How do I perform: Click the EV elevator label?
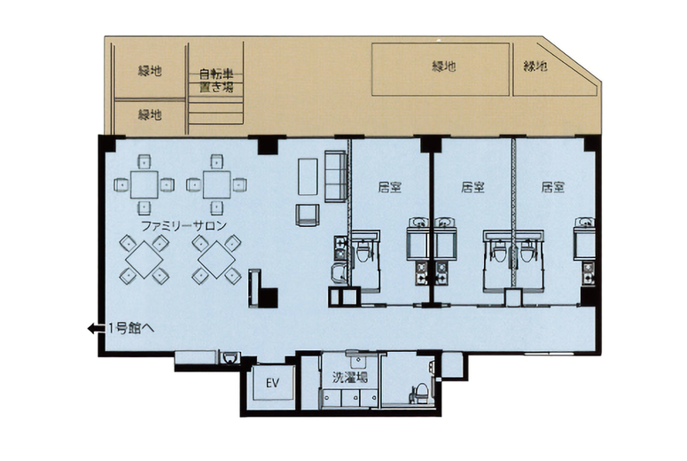272,383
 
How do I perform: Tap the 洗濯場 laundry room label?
349,377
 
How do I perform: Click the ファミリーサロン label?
183,226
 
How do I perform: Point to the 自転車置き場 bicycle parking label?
216,80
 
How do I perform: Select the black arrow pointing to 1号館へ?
97,328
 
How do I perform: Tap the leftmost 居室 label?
390,188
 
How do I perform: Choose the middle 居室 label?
472,188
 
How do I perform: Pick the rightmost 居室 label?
553,188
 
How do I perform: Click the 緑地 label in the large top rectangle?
444,66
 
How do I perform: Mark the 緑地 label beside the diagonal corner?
535,66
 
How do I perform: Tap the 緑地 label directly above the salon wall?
150,115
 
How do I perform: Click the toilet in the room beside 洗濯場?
421,393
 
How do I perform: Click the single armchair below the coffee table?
307,215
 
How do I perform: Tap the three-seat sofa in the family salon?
336,176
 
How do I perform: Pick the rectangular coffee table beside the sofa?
308,176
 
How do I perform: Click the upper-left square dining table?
144,184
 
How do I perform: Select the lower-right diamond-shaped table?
216,260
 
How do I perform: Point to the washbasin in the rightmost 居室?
584,223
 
